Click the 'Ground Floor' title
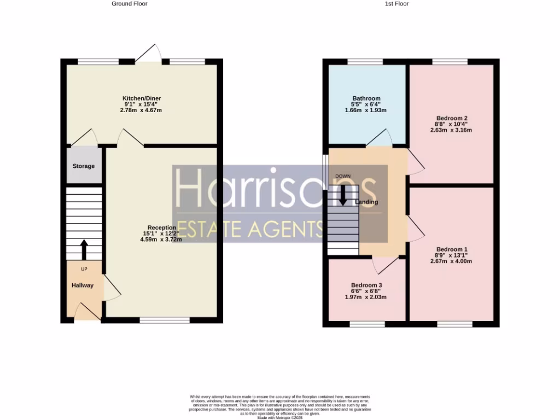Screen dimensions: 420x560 tap(129, 4)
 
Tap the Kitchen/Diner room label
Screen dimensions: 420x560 tap(142, 98)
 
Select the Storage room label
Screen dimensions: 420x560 tap(84, 166)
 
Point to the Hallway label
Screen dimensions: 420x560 tap(82, 285)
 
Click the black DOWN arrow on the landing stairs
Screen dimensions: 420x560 tap(343, 195)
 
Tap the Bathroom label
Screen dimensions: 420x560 tap(366, 98)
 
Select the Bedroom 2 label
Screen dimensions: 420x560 tap(452, 118)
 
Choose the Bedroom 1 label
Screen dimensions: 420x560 tap(451, 249)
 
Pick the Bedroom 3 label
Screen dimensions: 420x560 tap(366, 285)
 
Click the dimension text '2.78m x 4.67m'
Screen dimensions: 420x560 tap(142, 110)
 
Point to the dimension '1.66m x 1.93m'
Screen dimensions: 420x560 tap(366, 110)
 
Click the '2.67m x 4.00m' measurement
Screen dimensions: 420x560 tap(451, 261)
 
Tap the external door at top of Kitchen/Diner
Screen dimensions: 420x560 tap(148, 52)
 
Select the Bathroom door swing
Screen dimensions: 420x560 tap(380, 138)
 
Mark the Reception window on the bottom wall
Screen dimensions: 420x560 tap(165, 320)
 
